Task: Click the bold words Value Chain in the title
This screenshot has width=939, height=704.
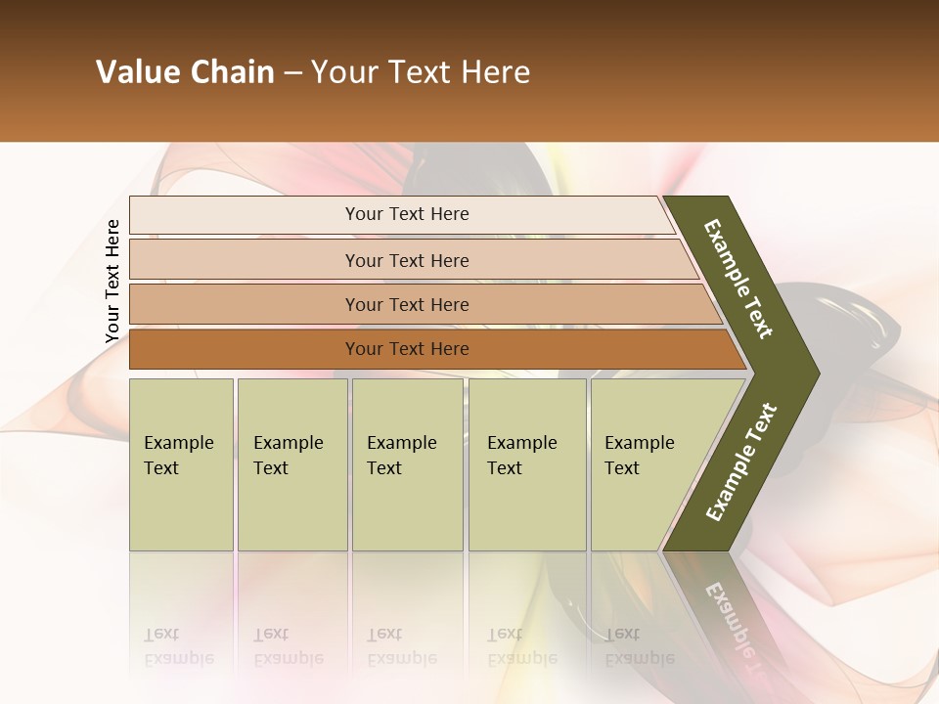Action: point(185,72)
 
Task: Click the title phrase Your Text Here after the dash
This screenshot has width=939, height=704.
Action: point(421,72)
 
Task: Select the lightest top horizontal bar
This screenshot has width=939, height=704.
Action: point(406,214)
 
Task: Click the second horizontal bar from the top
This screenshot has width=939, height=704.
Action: point(406,260)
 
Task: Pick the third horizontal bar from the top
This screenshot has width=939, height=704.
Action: point(406,304)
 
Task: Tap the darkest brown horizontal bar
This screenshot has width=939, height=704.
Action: point(406,349)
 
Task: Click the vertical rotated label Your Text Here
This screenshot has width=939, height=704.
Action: point(112,282)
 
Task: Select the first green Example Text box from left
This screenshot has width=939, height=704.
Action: point(181,463)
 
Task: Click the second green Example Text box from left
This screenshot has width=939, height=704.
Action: point(291,463)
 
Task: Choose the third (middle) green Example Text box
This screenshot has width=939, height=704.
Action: point(406,463)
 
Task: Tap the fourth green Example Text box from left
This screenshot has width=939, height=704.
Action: point(526,463)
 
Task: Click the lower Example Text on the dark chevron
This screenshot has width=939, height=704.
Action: point(741,462)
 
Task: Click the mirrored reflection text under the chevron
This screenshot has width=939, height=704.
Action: point(734,626)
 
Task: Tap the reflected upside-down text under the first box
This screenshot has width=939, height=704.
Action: point(178,646)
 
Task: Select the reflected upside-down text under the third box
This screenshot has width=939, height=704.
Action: point(401,646)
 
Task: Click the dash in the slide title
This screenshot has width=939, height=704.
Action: point(292,73)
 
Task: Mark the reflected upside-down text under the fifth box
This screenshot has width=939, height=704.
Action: point(639,646)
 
